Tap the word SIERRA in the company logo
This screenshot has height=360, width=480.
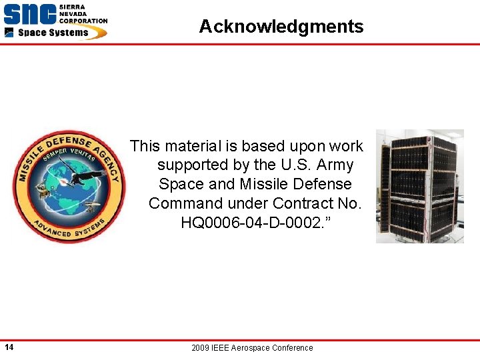[x=71, y=7]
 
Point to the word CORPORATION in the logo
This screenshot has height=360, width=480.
[x=83, y=21]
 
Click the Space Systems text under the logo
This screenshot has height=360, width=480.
[x=53, y=33]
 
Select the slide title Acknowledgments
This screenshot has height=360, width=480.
[x=281, y=27]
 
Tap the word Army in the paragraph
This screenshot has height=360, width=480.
[x=336, y=165]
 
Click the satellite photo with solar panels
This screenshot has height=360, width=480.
[x=419, y=186]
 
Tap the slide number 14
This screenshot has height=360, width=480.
[x=9, y=347]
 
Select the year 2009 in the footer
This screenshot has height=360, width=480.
[x=201, y=348]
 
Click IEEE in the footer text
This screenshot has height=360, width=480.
[x=221, y=348]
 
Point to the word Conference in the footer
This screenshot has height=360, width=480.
[x=292, y=348]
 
